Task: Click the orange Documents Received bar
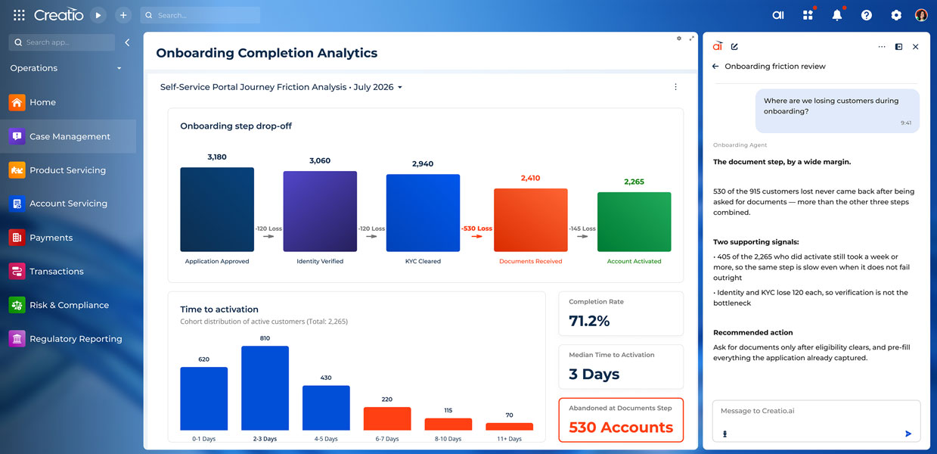tap(530, 220)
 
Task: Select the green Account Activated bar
tap(634, 222)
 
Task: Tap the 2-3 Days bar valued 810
tap(265, 388)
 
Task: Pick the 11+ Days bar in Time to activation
tap(509, 427)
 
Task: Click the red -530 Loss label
tap(476, 229)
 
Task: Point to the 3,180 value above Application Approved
tap(217, 157)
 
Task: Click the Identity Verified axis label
tap(320, 261)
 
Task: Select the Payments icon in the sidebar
tap(17, 238)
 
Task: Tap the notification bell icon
tap(836, 15)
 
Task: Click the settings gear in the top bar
tap(896, 15)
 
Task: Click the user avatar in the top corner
tap(921, 15)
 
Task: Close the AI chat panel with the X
tap(915, 47)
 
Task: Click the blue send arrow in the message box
tap(908, 434)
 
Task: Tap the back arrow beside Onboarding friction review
tap(715, 66)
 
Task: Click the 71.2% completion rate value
tap(589, 321)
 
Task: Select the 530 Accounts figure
tap(621, 428)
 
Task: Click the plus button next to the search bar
tap(123, 15)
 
